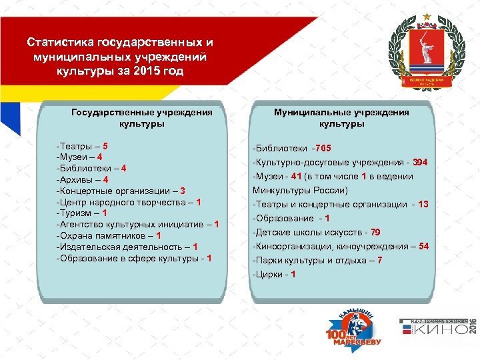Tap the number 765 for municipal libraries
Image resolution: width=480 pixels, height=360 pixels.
(x=323, y=148)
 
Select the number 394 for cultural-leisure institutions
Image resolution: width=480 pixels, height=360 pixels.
(x=420, y=162)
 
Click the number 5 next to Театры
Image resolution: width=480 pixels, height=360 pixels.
(x=105, y=145)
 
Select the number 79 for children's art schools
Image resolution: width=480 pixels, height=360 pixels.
(x=375, y=232)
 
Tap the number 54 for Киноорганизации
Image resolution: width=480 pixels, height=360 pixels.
(x=423, y=246)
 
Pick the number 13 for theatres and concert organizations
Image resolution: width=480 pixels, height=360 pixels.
(x=423, y=204)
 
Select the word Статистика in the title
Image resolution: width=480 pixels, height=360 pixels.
(x=61, y=43)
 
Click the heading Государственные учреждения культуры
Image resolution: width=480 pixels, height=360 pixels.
(x=141, y=118)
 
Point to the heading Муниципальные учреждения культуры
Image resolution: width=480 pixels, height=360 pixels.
(x=341, y=118)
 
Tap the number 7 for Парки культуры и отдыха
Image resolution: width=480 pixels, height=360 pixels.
(x=379, y=260)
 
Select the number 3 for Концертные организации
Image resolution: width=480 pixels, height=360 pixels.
(x=182, y=191)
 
